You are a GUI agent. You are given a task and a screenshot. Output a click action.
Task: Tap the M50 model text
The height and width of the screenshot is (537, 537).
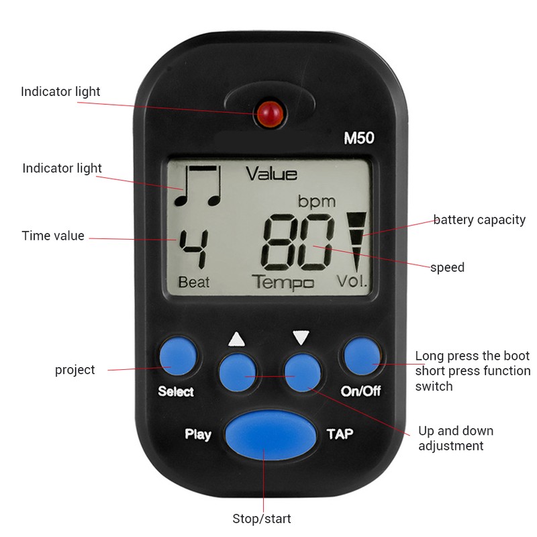pyautogui.click(x=358, y=140)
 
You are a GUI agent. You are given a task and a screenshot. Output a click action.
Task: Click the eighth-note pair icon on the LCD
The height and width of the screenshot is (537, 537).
pyautogui.click(x=197, y=185)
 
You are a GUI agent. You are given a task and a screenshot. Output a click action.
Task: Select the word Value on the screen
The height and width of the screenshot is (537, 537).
pyautogui.click(x=271, y=175)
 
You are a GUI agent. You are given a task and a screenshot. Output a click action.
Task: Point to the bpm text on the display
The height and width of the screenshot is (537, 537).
pyautogui.click(x=316, y=201)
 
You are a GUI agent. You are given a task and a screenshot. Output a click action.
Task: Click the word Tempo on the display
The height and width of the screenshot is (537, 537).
pyautogui.click(x=283, y=282)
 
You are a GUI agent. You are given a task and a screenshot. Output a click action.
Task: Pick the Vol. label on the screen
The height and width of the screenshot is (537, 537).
pyautogui.click(x=352, y=282)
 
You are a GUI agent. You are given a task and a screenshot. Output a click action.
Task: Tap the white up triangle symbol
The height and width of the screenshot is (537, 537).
pyautogui.click(x=237, y=338)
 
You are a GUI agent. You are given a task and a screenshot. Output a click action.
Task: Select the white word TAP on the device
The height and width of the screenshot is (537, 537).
pyautogui.click(x=339, y=434)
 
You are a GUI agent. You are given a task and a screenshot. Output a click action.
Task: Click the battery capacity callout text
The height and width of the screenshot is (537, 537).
pyautogui.click(x=479, y=219)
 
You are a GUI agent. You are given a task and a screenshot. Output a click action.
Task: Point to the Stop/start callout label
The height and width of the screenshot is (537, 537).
pyautogui.click(x=262, y=519)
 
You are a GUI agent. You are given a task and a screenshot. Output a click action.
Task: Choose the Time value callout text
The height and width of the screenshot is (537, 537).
pyautogui.click(x=53, y=236)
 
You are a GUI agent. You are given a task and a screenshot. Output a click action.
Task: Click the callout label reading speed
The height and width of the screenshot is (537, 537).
pyautogui.click(x=447, y=267)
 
